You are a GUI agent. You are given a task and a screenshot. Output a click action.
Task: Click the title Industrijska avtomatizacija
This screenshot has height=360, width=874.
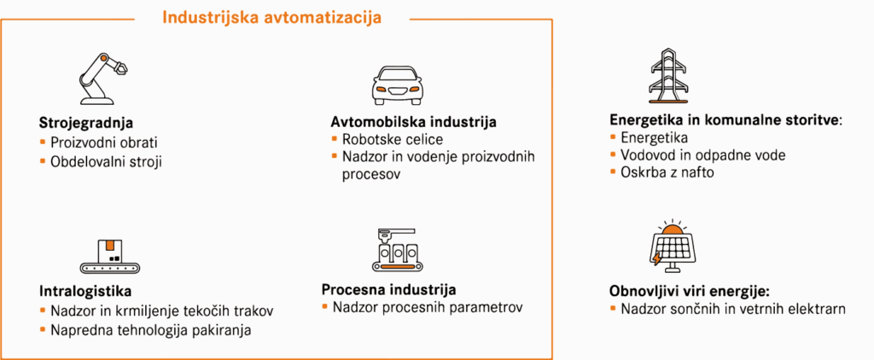click(272, 17)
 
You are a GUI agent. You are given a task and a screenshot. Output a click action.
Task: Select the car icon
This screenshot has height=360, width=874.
click(396, 85)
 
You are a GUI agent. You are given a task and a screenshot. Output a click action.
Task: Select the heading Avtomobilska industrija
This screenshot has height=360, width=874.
click(414, 121)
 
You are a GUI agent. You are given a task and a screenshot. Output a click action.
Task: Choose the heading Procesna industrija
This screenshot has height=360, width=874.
click(389, 289)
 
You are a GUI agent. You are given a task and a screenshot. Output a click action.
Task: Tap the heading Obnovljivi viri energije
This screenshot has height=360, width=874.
click(689, 291)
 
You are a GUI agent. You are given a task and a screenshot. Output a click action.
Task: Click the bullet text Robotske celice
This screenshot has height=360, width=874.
click(393, 139)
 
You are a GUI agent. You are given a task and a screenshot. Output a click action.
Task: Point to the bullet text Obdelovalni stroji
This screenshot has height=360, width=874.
click(107, 161)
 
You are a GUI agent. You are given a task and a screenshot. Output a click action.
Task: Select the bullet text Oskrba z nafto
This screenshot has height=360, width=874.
click(667, 172)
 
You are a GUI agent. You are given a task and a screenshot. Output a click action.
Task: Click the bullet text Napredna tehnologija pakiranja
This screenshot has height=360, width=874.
click(151, 330)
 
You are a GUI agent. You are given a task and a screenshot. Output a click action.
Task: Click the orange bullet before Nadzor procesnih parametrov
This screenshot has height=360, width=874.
click(325, 306)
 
